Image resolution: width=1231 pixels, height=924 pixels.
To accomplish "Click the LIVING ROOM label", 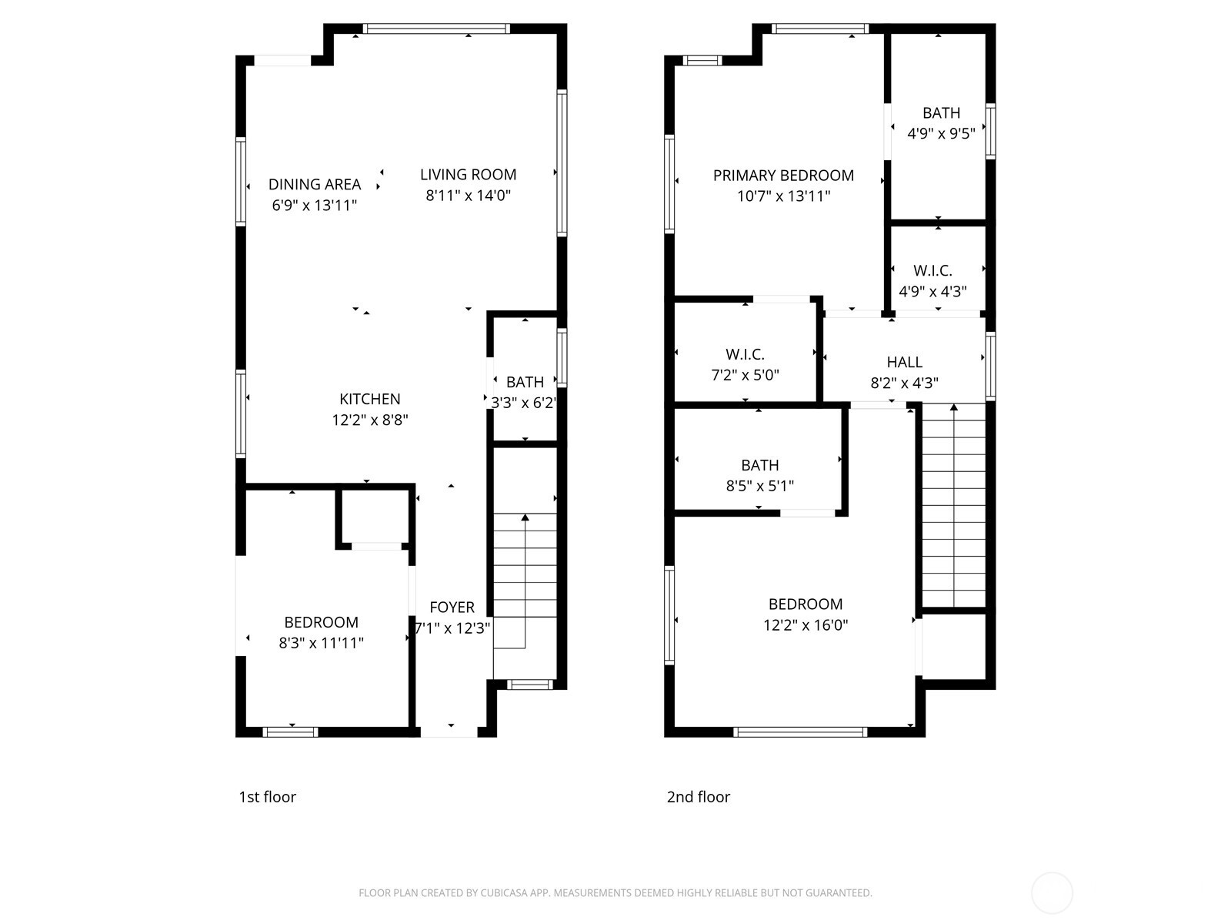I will (x=468, y=175).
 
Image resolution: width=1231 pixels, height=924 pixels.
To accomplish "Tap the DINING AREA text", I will (x=314, y=185).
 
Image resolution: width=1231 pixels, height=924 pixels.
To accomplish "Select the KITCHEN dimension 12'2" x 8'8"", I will (x=370, y=420).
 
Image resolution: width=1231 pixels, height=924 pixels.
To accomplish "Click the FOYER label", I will (x=452, y=608).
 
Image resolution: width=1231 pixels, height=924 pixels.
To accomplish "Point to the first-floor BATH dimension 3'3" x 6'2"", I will (x=524, y=403).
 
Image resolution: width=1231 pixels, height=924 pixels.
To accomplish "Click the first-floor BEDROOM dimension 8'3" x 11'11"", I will (x=321, y=643).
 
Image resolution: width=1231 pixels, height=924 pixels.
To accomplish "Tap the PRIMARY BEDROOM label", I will (x=783, y=176).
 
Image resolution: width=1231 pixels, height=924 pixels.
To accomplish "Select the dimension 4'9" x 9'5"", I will (x=941, y=133).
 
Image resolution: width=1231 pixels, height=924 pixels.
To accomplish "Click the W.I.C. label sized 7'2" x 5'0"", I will (x=745, y=355).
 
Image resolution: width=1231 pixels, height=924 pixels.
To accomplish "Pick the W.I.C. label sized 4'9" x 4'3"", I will (x=932, y=271).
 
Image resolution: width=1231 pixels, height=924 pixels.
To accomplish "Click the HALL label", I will (x=904, y=363).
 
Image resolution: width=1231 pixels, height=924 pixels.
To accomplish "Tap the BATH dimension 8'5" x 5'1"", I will (x=759, y=486).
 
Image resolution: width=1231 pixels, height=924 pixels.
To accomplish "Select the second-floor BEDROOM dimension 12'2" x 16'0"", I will (x=806, y=625).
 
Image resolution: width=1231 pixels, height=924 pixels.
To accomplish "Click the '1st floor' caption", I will (x=267, y=797).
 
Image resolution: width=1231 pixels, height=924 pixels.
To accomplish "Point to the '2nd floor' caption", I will (x=698, y=797).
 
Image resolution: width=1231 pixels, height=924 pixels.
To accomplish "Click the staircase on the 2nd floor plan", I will (x=953, y=508).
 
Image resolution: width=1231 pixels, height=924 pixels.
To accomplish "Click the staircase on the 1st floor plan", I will (x=525, y=585).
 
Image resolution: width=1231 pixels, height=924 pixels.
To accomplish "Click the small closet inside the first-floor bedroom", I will (x=375, y=516).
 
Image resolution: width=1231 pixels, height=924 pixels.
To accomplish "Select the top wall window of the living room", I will (x=435, y=29).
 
